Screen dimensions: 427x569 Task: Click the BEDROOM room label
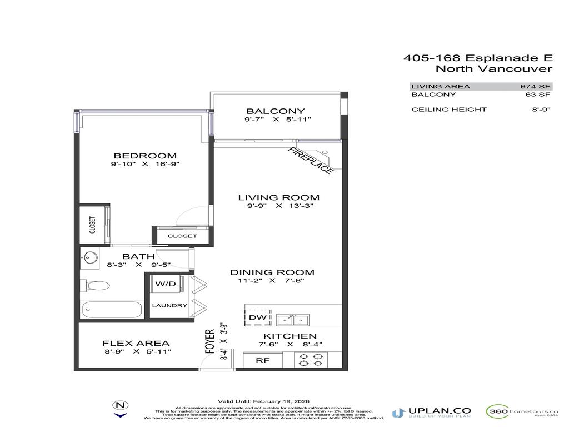tap(145, 156)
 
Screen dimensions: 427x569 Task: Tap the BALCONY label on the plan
tap(276, 111)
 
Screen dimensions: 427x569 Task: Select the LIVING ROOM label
tap(278, 198)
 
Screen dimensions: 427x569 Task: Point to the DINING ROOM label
tap(272, 272)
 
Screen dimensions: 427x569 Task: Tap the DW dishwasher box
tap(258, 317)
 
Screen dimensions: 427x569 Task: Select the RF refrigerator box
tap(262, 360)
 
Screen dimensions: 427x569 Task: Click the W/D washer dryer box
tap(165, 285)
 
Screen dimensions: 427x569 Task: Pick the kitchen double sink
tap(293, 320)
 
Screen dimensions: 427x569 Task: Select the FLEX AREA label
tap(136, 344)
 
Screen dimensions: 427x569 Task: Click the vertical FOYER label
tap(210, 341)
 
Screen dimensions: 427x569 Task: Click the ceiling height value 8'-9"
tap(541, 110)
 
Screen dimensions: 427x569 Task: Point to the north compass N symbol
tap(120, 406)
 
